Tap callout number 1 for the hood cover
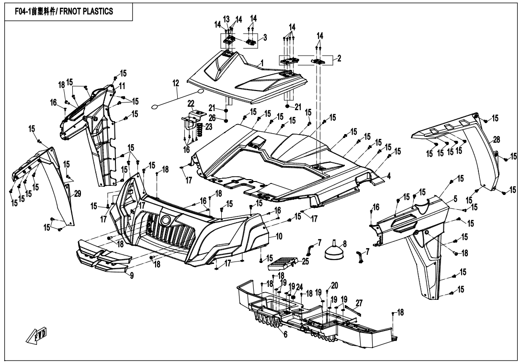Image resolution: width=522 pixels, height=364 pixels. tap(262, 63)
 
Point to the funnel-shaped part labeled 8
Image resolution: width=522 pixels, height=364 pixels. tap(333, 251)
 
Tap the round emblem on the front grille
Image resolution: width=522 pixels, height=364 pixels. tap(166, 221)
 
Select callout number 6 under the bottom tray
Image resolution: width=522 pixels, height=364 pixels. tap(285, 335)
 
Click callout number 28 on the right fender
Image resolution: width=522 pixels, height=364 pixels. tap(497, 139)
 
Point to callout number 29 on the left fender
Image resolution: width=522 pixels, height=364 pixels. tap(78, 193)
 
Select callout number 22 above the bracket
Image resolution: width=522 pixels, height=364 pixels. tap(190, 104)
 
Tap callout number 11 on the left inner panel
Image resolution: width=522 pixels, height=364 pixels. tap(122, 86)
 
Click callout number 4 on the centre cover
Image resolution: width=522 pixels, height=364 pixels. tap(389, 176)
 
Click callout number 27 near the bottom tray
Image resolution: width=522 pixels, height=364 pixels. tap(359, 302)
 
